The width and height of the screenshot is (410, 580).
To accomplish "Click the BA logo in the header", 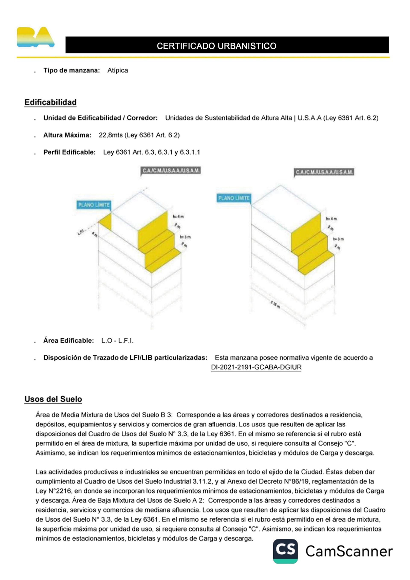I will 35,37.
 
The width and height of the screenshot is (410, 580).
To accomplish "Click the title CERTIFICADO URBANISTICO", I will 216,46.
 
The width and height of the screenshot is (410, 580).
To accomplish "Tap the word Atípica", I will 117,70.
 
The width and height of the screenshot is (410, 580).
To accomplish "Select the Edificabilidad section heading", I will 50,102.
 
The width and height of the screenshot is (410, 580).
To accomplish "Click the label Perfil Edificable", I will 69,152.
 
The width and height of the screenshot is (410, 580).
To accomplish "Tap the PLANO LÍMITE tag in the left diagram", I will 94,205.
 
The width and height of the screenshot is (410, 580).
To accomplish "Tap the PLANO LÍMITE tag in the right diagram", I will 234,198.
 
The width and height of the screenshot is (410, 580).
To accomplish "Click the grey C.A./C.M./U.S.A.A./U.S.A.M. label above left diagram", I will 171,171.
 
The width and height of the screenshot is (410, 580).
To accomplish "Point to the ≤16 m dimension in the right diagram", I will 276,305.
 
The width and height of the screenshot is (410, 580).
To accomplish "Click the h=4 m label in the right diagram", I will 331,219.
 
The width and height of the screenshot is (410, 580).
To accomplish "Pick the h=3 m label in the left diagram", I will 185,237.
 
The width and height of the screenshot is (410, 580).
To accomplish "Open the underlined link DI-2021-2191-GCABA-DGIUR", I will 256,367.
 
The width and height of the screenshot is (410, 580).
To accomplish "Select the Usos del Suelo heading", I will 53,399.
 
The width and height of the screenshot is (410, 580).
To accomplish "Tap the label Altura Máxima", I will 67,135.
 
